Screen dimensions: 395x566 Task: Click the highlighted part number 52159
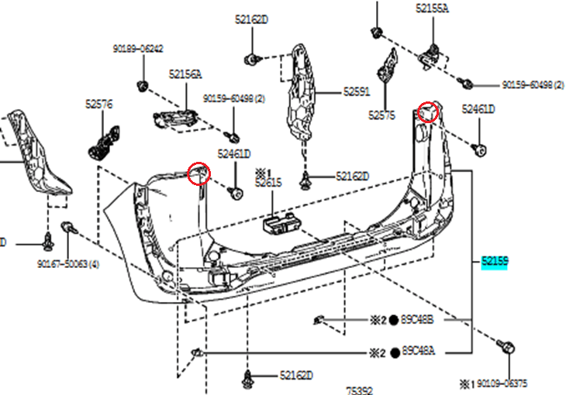[494, 263]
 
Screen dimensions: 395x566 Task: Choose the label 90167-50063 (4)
[67, 265]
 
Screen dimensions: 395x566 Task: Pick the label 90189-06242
[138, 48]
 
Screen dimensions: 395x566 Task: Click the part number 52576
[99, 102]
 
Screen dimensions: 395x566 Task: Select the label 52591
[357, 91]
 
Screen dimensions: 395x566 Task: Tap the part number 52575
[381, 115]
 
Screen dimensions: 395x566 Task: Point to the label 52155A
[432, 9]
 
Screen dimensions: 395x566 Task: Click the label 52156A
[185, 74]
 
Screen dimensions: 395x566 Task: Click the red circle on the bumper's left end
[199, 173]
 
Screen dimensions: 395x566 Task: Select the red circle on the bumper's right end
[428, 112]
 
